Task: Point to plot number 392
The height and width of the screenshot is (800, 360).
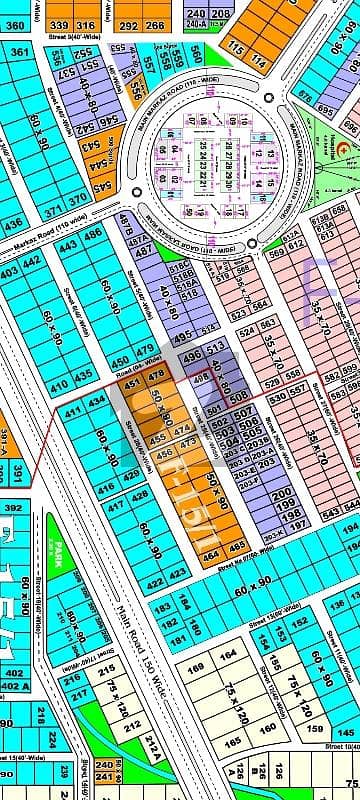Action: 12,507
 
